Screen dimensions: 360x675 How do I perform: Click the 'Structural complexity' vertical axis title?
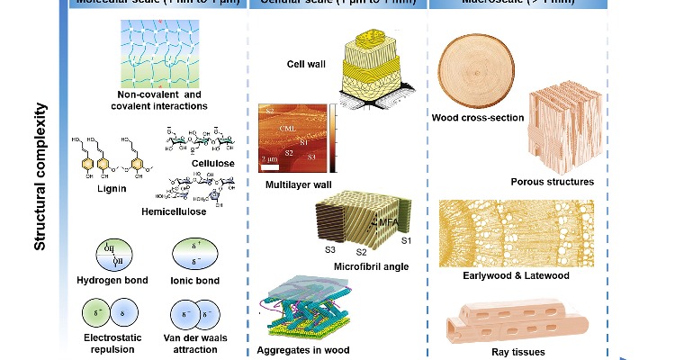40,176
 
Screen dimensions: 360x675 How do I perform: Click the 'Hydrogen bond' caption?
112,280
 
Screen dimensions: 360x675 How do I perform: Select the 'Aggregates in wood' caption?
301,349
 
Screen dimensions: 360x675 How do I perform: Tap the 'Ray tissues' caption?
516,352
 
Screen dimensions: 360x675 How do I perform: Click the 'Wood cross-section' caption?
478,117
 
